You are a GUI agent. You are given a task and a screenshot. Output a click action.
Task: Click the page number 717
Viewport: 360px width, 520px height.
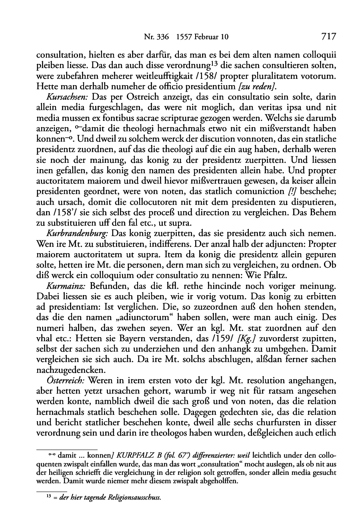point(328,37)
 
